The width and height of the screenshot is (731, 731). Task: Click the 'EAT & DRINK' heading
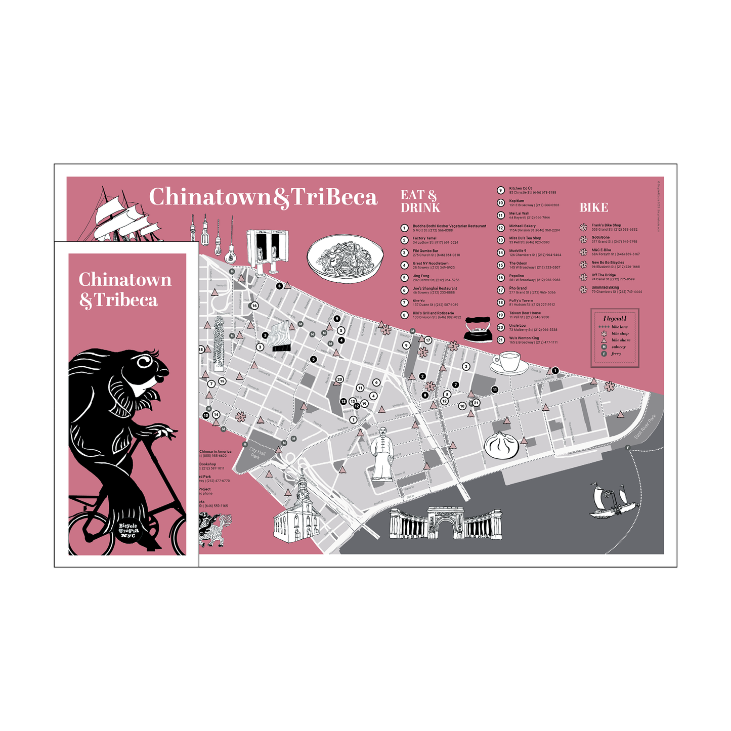tap(420, 201)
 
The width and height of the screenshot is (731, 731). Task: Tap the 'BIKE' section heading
tap(593, 207)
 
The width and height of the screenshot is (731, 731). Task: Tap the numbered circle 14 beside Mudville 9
tap(501, 252)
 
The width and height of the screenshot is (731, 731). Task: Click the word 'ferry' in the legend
tap(616, 354)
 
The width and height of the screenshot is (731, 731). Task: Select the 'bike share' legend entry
tap(621, 340)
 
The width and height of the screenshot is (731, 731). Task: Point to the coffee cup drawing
tap(509, 362)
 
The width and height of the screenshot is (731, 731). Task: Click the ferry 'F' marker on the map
tap(628, 448)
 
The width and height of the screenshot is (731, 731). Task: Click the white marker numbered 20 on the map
tap(339, 379)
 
